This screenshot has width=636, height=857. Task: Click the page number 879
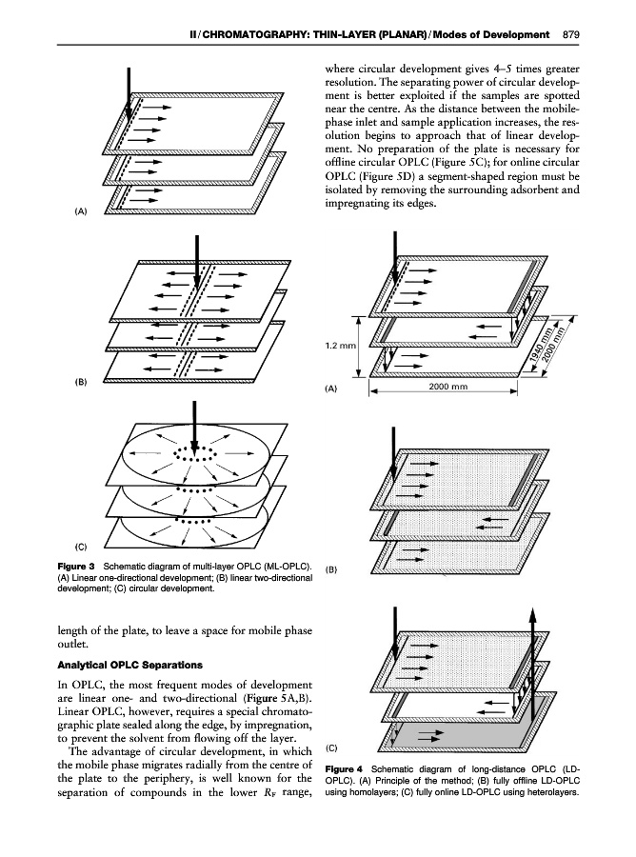[571, 35]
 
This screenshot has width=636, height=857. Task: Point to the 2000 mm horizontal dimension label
[448, 388]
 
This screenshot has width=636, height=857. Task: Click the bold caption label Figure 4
[346, 768]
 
